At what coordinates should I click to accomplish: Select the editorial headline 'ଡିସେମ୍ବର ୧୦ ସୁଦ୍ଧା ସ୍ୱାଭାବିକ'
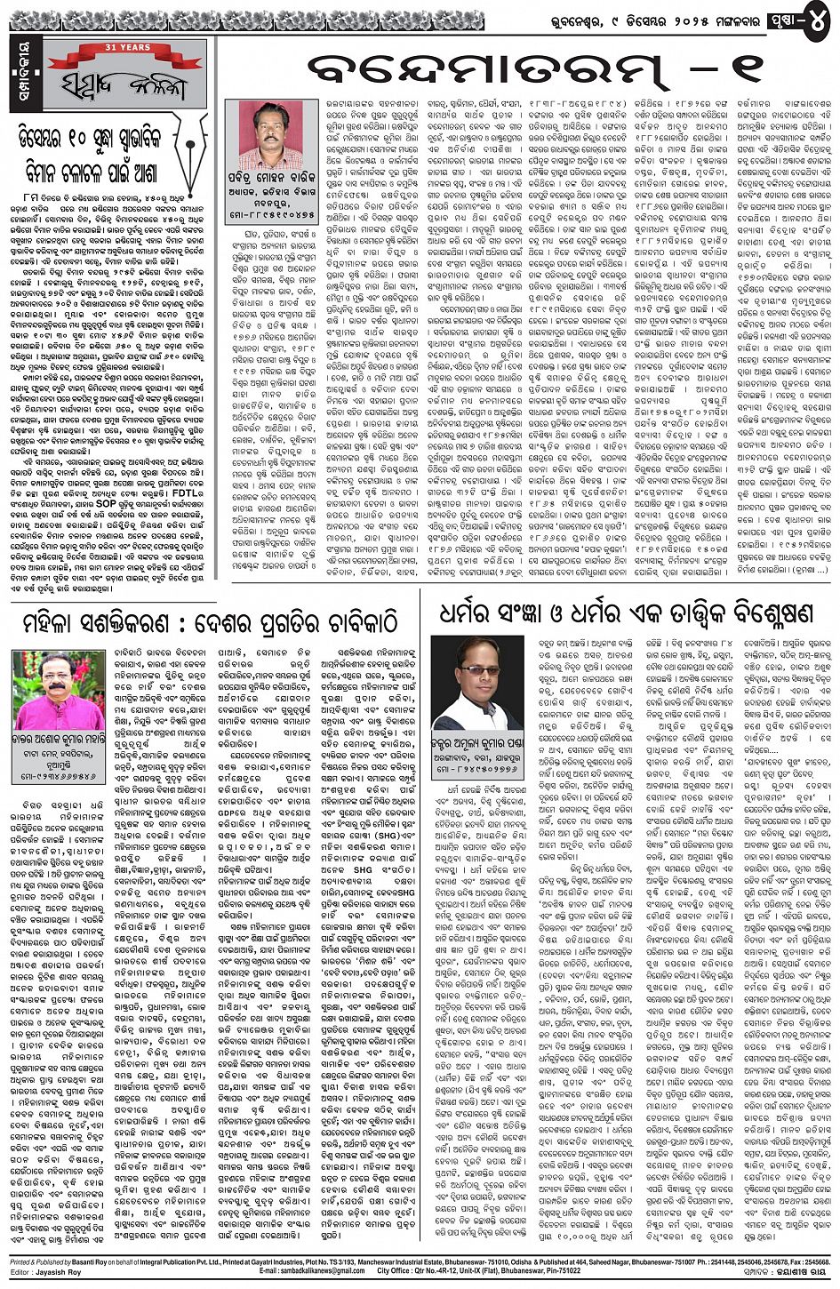click(x=110, y=138)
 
